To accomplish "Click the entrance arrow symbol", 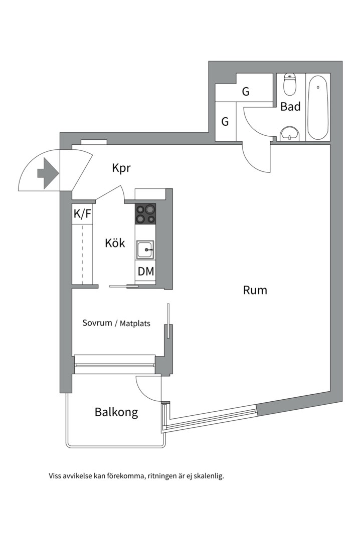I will point(48,173).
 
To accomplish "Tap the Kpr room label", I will point(121,168).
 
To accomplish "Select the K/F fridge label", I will point(83,214).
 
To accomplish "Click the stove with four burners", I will point(145,213).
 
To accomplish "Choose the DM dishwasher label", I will point(146,272).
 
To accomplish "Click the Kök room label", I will point(115,243).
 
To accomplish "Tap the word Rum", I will point(255,290).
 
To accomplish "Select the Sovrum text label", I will point(97,323).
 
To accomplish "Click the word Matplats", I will point(135,324).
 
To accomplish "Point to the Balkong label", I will point(116,413).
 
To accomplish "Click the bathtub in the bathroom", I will point(317,107).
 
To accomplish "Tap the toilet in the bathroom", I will point(290,85).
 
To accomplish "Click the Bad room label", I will point(290,107).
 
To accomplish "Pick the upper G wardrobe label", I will point(246,92).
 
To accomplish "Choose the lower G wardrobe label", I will point(225,122).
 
